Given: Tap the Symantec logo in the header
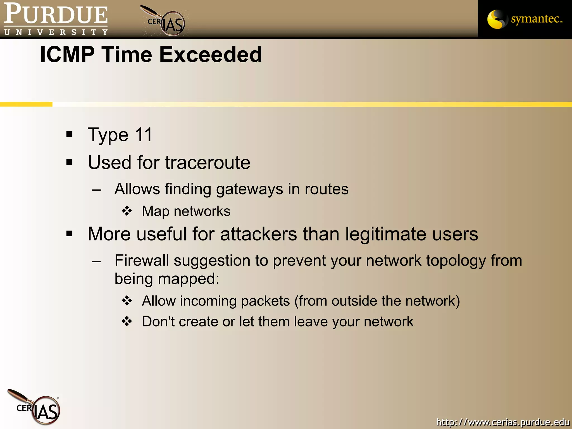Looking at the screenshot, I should [525, 19].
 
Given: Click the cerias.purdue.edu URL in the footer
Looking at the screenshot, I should [502, 422].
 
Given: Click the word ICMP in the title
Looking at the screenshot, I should [67, 54].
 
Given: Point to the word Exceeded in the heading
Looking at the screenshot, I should [211, 54].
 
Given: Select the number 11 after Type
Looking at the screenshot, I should [144, 135].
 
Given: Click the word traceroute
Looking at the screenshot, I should [208, 163].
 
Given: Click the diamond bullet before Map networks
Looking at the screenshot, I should [127, 211].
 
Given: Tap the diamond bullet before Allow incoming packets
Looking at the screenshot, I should [127, 301].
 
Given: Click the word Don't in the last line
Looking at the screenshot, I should [158, 321].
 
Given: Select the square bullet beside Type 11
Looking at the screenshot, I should [69, 135].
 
